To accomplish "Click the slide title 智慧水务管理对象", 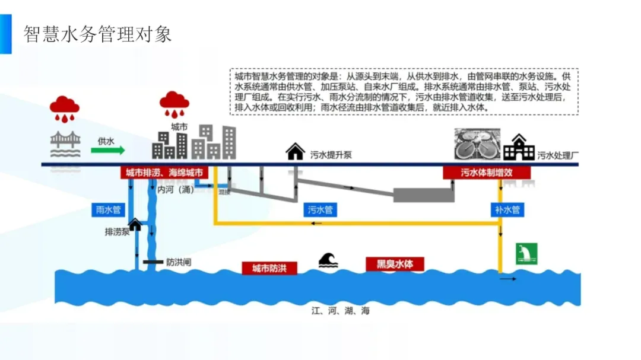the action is (x=97, y=34).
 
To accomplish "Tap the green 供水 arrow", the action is (x=108, y=150).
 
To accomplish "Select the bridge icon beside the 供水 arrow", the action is (x=65, y=146).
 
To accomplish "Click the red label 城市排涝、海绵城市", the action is (x=164, y=173).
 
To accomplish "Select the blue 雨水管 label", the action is (x=109, y=209).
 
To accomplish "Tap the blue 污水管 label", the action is (x=320, y=210).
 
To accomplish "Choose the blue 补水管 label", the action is (x=507, y=210).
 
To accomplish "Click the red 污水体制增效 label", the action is (x=487, y=173).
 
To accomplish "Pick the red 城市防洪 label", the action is (x=269, y=268).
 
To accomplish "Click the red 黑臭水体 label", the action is (x=395, y=264).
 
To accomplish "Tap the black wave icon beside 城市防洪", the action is (x=328, y=260).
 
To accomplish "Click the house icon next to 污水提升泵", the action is (x=295, y=152).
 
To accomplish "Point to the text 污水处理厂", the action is (x=558, y=156).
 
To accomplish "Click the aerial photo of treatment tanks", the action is (x=477, y=144).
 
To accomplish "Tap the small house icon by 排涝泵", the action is (x=135, y=224).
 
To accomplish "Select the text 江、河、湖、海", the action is (x=341, y=311).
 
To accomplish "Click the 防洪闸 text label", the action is (x=179, y=262).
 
